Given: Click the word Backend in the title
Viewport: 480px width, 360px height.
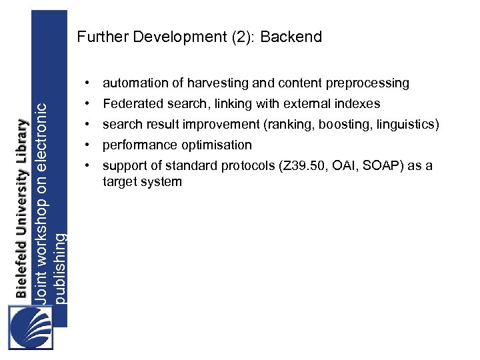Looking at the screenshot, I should coord(291,37).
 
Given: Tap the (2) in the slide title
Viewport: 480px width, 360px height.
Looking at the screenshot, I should coord(243,37).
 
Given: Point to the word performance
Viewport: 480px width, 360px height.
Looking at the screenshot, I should coord(135,145).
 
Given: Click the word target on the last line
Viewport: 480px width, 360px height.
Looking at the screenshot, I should coord(119,181).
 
